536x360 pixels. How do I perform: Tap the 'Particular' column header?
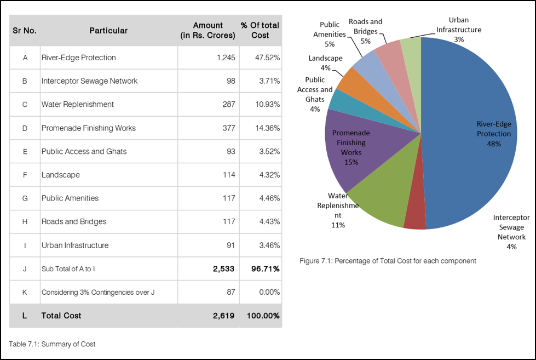coord(108,31)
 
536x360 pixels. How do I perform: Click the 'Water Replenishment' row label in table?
coord(78,104)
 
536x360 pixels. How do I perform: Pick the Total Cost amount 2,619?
coord(223,316)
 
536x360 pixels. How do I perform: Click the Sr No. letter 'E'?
coord(25,151)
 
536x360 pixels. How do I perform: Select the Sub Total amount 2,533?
coord(223,268)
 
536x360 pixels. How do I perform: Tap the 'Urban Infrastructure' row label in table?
coord(75,245)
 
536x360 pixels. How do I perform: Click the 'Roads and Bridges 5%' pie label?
coord(365,31)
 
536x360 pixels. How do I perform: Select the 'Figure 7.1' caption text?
coord(388,261)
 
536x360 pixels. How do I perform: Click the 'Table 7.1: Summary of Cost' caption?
coord(52,344)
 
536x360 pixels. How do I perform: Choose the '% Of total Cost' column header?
coord(260,30)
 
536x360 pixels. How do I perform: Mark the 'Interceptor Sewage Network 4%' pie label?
coord(511,232)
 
